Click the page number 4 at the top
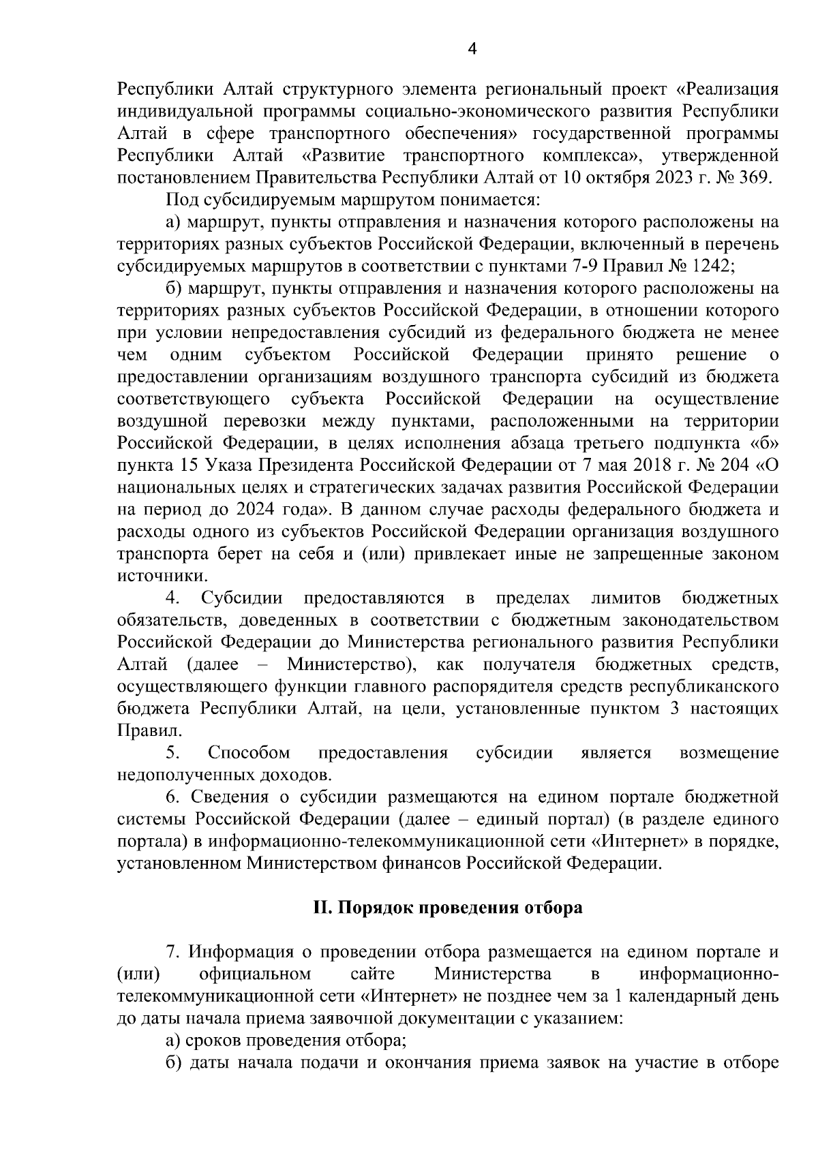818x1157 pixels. (x=473, y=48)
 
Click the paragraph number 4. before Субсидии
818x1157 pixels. (x=172, y=598)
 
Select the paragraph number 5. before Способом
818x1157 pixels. (x=172, y=753)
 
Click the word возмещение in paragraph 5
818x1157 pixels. (x=729, y=753)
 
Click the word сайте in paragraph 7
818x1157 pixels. (x=372, y=973)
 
